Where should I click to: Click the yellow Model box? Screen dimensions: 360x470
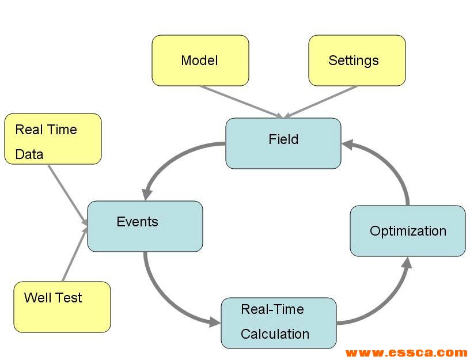200,60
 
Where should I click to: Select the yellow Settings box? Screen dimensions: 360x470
357,60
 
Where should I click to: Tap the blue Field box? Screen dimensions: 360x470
283,143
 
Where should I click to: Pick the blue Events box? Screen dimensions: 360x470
145,226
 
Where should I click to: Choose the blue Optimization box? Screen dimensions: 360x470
407,230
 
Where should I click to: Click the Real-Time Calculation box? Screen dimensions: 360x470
278,323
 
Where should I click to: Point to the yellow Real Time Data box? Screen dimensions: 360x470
52,139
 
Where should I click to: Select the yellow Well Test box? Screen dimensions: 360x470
62,306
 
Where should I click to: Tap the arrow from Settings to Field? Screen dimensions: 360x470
323,101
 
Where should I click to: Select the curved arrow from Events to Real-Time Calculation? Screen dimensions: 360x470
167,297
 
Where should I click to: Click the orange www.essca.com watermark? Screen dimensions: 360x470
406,353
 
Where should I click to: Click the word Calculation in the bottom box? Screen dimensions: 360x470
275,334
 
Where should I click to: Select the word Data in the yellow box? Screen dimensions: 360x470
29,154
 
